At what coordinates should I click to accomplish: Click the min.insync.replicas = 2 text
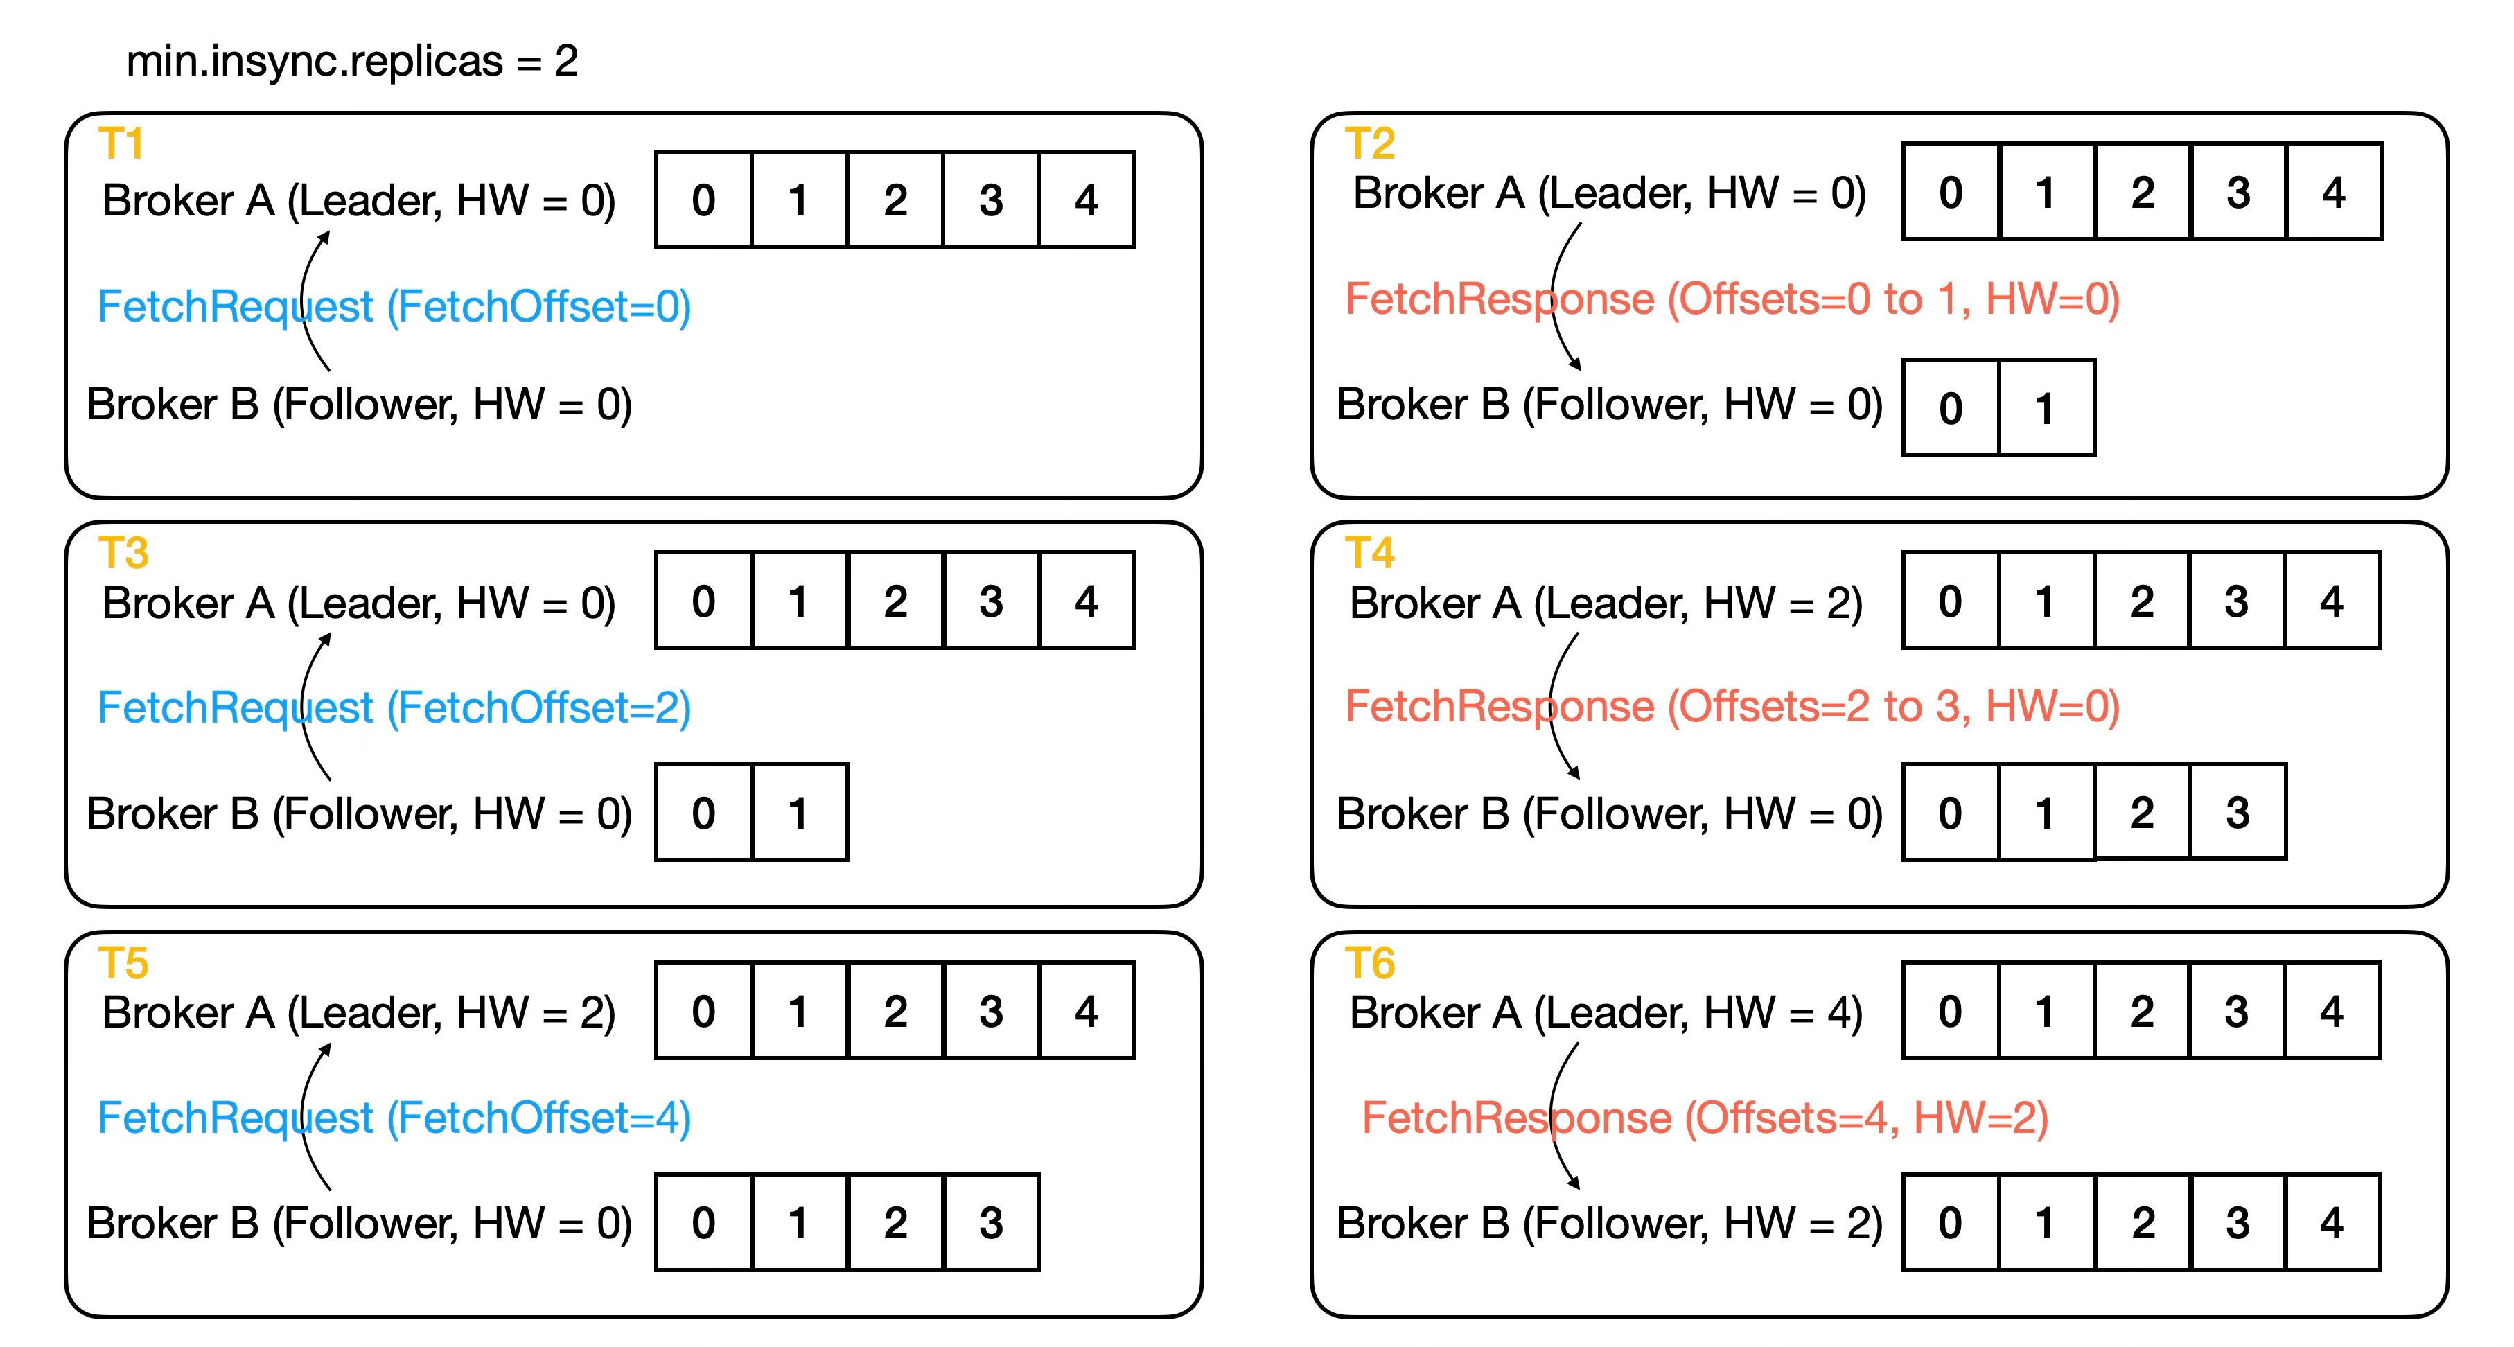tap(352, 62)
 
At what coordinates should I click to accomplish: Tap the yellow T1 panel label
tap(122, 144)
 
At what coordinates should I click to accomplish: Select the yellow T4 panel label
tap(1369, 554)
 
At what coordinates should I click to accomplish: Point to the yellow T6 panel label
tap(1369, 963)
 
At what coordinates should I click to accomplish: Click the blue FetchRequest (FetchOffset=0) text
tap(394, 306)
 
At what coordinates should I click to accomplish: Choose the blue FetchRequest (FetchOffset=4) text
tap(394, 1118)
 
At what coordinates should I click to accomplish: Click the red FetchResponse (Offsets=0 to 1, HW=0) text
tap(1732, 299)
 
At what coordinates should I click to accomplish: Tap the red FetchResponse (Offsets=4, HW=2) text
tap(1705, 1118)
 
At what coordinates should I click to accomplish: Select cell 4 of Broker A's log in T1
tap(1087, 200)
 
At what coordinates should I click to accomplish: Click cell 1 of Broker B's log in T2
tap(2046, 408)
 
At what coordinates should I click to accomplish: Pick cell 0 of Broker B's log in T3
tap(703, 813)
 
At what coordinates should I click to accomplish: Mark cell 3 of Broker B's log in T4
tap(2237, 812)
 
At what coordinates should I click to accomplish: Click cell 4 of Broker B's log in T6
tap(2332, 1223)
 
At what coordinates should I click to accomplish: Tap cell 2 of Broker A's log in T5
tap(895, 1011)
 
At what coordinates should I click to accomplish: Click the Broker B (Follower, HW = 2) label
tap(1609, 1223)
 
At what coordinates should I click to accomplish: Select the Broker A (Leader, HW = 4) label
tap(1606, 1012)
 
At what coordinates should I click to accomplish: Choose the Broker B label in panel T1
tap(359, 404)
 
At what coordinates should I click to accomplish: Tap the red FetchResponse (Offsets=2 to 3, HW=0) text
tap(1732, 707)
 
